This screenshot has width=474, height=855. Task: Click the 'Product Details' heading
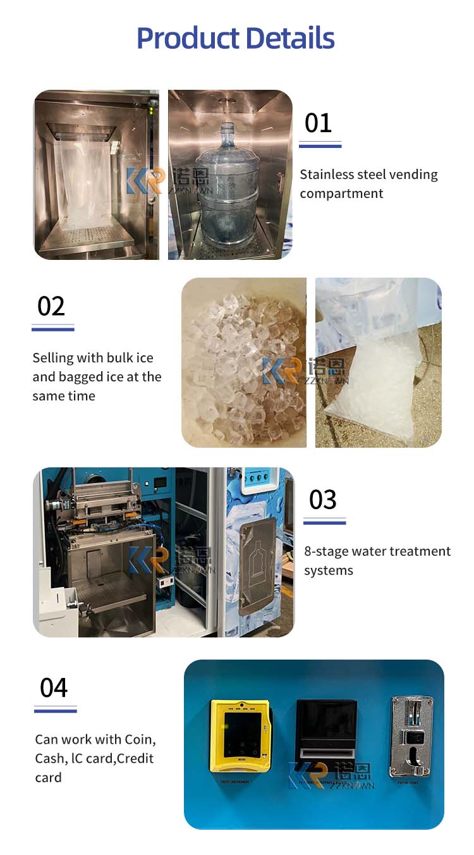tap(236, 38)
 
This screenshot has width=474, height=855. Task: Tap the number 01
tap(318, 123)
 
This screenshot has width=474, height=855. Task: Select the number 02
tap(51, 306)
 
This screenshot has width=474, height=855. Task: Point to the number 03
tap(323, 500)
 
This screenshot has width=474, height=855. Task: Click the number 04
tap(54, 687)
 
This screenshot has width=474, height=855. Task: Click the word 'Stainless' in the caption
tap(327, 175)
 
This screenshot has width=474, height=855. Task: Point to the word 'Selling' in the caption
tap(53, 358)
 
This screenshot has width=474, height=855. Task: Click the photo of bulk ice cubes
tap(243, 364)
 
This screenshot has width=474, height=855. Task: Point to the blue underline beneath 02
tap(53, 329)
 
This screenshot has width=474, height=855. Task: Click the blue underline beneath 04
tap(55, 711)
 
